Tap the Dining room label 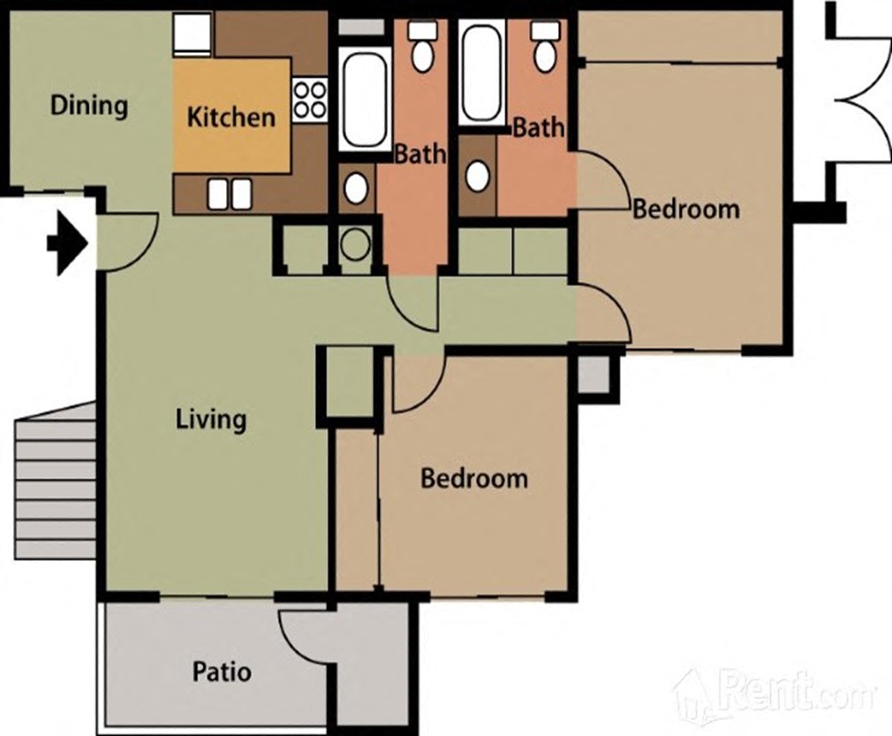(89, 106)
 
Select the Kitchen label (231, 116)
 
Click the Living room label (211, 418)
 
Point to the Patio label (222, 672)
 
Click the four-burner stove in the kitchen (309, 99)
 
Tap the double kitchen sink (229, 193)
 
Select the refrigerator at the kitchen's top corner (193, 34)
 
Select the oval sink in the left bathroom (357, 188)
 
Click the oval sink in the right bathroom (477, 175)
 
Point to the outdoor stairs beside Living (55, 482)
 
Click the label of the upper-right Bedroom (686, 209)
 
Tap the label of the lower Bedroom (474, 479)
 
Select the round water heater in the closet (356, 244)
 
